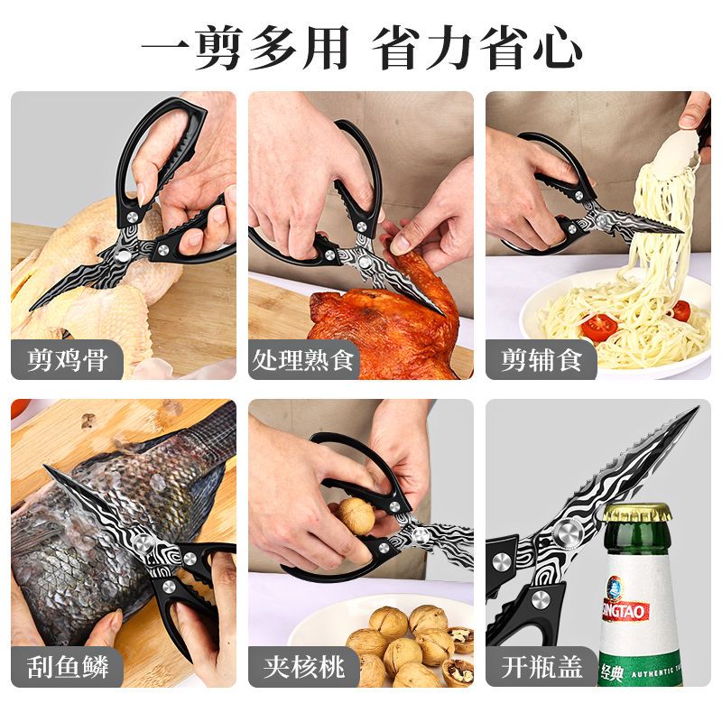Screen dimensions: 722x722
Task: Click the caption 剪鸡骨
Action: point(68,361)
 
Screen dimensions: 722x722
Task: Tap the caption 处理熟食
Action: point(303,361)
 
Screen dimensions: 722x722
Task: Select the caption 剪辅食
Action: point(541,361)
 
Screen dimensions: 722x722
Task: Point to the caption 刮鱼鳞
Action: point(68,668)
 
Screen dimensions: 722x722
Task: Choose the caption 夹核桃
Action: point(303,668)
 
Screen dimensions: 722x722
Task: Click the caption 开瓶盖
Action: point(541,668)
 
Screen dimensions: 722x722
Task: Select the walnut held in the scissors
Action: point(356,514)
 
